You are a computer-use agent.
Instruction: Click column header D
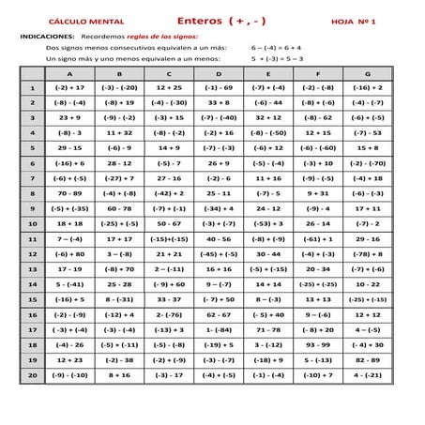pos(218,72)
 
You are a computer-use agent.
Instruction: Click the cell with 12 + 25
pos(169,87)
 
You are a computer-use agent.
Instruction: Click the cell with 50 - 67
pos(169,223)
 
